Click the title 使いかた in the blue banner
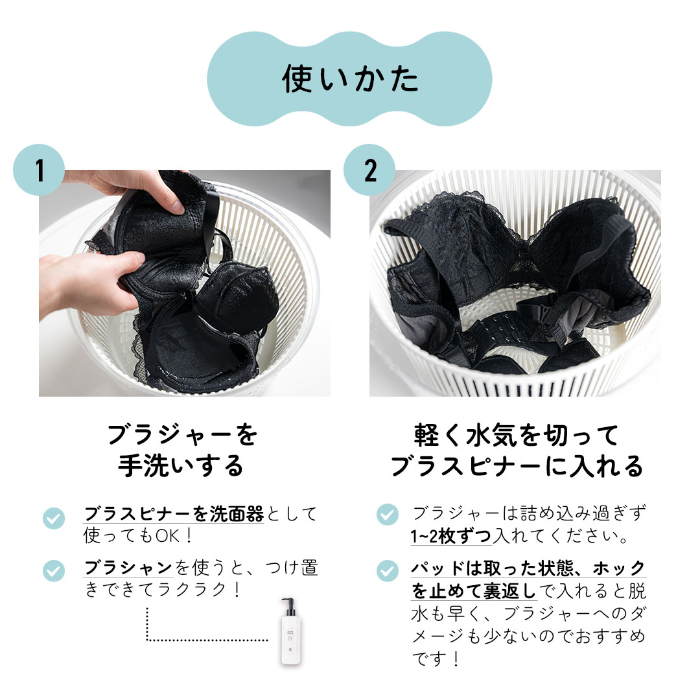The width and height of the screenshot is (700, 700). pos(350,78)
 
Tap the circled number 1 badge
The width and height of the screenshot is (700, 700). pos(39,170)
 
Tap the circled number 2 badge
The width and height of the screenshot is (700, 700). pos(369,170)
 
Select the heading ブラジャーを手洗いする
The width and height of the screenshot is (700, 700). pos(181,450)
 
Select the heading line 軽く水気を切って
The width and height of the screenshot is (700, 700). pos(517,434)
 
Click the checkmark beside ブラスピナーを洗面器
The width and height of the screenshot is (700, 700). pos(54,518)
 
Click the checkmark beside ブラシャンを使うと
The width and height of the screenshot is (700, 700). pos(54,571)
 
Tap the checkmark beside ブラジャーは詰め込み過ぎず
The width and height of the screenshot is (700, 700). pos(387,515)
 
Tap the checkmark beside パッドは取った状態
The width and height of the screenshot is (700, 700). pos(387,571)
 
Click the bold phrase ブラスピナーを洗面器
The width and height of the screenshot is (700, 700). pos(174,515)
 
